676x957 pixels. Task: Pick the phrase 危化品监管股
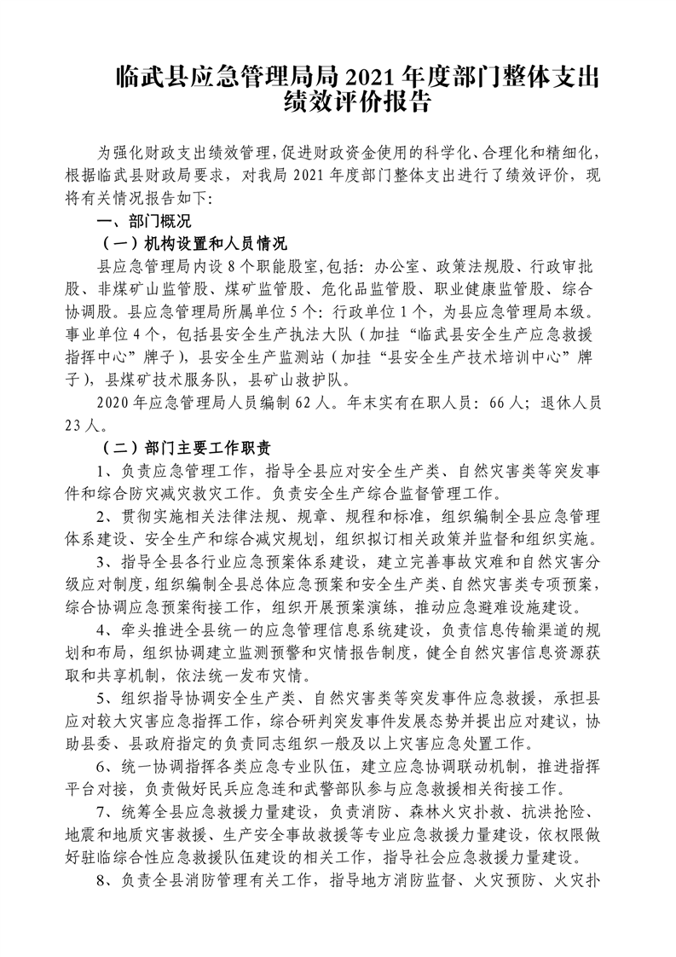pyautogui.click(x=369, y=287)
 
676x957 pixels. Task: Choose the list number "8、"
pyautogui.click(x=106, y=879)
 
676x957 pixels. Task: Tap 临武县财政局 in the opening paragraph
pyautogui.click(x=162, y=177)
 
